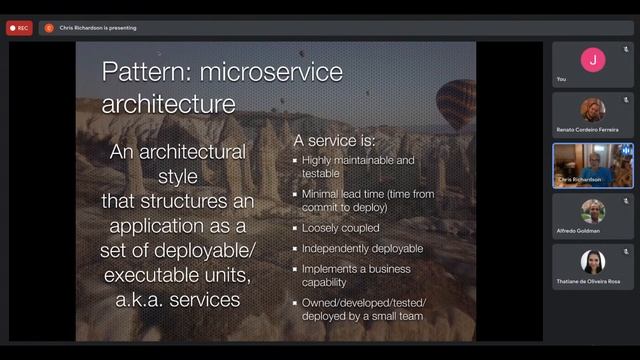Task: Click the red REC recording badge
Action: [x=19, y=28]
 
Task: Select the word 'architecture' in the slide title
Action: [x=169, y=103]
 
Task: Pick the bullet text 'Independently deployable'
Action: [x=363, y=248]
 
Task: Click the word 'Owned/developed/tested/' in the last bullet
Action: [x=362, y=302]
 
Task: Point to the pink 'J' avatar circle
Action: [x=593, y=59]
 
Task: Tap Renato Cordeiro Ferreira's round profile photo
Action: [x=593, y=109]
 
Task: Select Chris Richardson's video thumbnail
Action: [x=593, y=165]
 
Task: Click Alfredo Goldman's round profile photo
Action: [x=593, y=210]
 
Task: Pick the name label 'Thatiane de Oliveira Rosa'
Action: [x=589, y=282]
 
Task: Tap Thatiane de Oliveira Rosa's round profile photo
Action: [x=593, y=261]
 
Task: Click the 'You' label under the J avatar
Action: [x=561, y=79]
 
